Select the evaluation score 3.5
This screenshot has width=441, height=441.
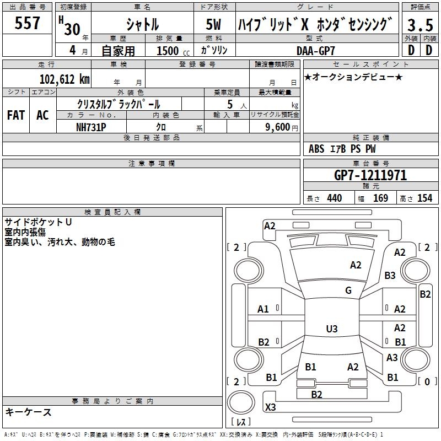pos(420,25)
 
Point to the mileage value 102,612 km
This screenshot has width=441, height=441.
pos(65,79)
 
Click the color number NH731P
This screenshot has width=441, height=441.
pos(91,126)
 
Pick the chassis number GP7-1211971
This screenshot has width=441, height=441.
pos(370,175)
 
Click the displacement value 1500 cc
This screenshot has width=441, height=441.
pos(170,51)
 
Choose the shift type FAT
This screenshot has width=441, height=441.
pos(15,115)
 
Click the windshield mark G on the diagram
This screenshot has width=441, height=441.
pos(348,291)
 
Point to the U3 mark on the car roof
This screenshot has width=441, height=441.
pos(331,329)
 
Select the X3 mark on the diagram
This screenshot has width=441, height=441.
pos(271,407)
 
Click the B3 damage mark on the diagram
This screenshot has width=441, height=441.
pos(390,275)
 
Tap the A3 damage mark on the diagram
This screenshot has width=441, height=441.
pos(392,358)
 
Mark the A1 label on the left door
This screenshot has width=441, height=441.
pos(263,309)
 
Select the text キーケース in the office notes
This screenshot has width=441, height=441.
pos(28,412)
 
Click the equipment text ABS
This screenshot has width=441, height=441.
pos(316,149)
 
